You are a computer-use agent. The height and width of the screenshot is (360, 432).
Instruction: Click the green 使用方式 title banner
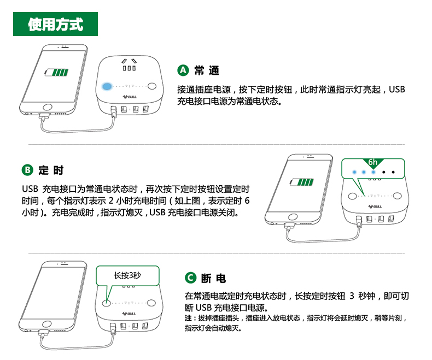[55, 24]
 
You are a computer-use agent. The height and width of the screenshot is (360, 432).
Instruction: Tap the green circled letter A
[183, 70]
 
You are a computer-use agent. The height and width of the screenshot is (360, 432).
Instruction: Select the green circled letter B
[27, 170]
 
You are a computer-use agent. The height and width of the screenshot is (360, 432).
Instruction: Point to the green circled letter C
[190, 278]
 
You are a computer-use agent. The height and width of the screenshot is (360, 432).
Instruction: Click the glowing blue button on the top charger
[107, 86]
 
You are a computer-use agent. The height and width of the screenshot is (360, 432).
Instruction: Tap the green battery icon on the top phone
[56, 73]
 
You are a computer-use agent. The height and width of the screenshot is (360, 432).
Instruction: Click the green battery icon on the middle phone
[302, 182]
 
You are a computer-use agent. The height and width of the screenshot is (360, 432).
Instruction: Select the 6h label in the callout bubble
[373, 162]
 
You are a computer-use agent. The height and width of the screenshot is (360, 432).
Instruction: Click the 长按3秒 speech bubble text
[127, 275]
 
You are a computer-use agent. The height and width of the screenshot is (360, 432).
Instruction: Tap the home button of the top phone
[48, 107]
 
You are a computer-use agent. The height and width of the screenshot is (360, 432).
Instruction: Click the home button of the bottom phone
[47, 323]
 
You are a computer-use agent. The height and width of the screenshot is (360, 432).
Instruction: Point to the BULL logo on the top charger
[130, 97]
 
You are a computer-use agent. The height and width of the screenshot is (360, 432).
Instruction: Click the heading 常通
[207, 70]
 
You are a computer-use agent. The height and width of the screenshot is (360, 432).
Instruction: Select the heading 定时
[51, 170]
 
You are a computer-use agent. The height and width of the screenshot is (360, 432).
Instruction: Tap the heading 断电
[213, 278]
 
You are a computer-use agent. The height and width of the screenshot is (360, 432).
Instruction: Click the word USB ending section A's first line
[397, 90]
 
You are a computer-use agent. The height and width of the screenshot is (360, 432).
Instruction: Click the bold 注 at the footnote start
[188, 318]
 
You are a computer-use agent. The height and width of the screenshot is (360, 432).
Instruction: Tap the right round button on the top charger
[152, 86]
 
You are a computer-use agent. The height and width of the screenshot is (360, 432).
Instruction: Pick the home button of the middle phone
[293, 217]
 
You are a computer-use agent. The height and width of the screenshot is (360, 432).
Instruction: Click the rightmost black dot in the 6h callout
[393, 172]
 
